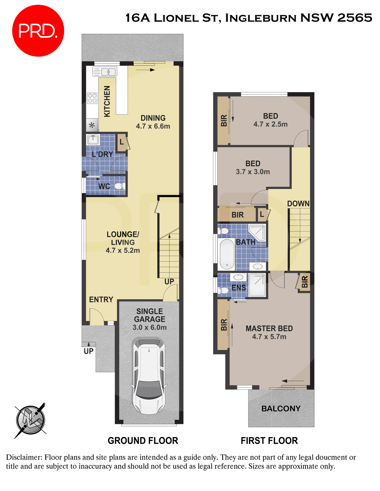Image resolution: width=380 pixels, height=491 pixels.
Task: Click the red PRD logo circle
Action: click(38, 31)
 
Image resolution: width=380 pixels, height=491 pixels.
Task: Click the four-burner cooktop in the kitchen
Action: click(92, 98)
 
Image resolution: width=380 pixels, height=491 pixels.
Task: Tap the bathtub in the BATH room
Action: click(227, 254)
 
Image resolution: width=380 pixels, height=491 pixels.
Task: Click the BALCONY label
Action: click(281, 408)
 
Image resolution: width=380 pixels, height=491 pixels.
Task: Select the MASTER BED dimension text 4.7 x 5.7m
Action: click(269, 337)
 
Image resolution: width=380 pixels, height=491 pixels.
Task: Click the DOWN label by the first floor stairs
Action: click(298, 204)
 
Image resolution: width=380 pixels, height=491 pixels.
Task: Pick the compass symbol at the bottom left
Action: click(30, 420)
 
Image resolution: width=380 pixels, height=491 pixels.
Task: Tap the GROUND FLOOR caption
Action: click(143, 441)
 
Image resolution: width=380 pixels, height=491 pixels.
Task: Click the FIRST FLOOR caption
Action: click(269, 441)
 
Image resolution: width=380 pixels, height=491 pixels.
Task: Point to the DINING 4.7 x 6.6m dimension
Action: click(153, 126)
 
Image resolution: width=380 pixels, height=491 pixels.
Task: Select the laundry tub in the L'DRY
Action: click(93, 140)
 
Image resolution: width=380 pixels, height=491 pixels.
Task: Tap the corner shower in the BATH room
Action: click(257, 232)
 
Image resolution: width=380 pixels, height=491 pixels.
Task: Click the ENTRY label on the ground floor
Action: click(101, 299)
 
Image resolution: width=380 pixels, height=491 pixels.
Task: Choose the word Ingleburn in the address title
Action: click(261, 18)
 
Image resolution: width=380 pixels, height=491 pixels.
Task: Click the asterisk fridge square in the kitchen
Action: click(92, 125)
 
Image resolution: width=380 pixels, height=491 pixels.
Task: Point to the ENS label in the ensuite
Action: click(238, 288)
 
